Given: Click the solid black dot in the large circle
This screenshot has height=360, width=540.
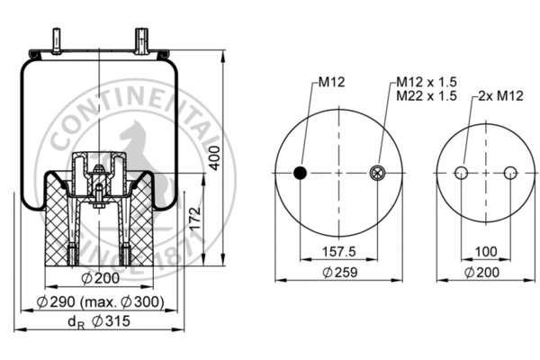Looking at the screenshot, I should (301, 173).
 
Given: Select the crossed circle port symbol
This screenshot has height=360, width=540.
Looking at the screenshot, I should (377, 173).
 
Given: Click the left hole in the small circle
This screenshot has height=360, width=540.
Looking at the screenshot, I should (462, 173).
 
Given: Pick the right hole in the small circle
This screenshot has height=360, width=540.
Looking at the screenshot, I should (510, 173).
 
